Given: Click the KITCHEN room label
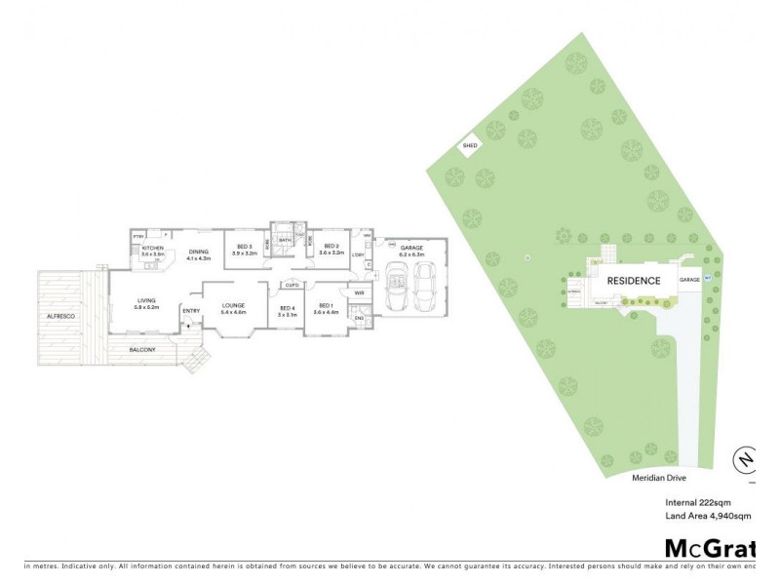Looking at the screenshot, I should click(x=153, y=249).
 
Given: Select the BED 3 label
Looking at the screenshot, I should click(x=245, y=247).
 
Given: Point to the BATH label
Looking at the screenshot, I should click(x=285, y=240).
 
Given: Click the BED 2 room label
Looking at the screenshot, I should click(x=331, y=247).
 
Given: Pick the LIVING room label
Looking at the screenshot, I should click(x=146, y=302).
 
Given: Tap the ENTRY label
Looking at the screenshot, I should click(x=190, y=311).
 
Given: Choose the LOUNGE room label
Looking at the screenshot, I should click(x=232, y=305).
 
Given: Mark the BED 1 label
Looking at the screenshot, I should click(x=327, y=305).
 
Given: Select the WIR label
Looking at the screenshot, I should click(x=359, y=292).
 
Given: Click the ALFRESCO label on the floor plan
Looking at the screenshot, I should click(x=61, y=317).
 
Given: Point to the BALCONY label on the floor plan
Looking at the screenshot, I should click(x=142, y=349).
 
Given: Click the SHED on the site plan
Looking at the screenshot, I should click(x=469, y=146).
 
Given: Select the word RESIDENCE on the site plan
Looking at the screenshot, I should click(x=634, y=281).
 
